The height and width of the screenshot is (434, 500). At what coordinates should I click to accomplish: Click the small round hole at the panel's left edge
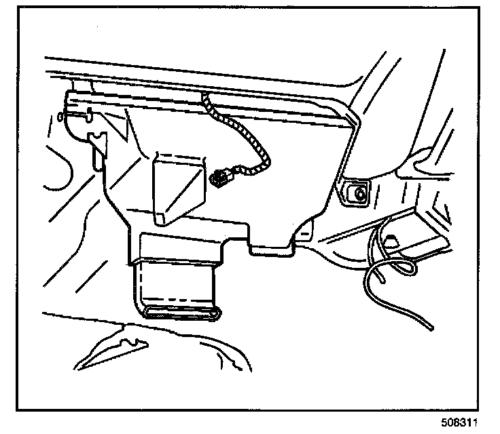pos(62,117)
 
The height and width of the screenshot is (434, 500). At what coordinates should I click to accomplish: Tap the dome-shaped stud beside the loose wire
pos(393,239)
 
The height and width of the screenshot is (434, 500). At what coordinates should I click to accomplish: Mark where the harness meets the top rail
pos(205,101)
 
